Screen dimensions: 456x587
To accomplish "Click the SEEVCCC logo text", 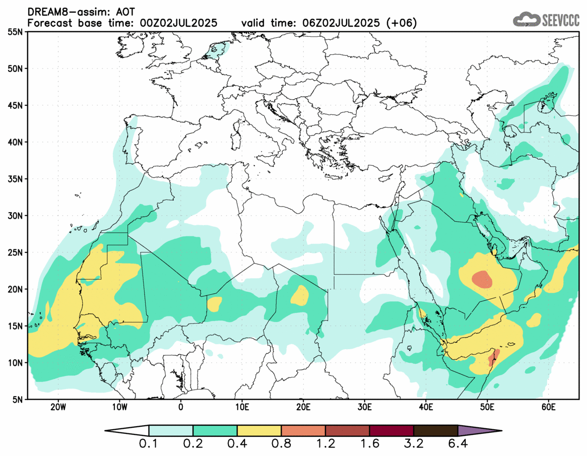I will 560,20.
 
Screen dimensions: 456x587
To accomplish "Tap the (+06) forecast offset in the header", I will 401,23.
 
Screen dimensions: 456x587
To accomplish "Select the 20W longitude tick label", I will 58,407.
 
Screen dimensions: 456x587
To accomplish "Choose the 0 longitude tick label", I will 180,407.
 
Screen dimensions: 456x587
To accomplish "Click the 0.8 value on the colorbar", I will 281,444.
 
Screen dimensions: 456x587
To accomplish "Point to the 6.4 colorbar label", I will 458,444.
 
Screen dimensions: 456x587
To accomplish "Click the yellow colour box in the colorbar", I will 259,431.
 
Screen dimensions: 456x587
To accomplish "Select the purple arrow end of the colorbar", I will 479,431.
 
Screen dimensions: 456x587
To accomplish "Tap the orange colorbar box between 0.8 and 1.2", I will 303,431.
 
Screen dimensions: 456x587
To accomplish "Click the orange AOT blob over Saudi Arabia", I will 482,279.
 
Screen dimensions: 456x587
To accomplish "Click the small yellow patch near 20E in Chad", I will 300,295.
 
